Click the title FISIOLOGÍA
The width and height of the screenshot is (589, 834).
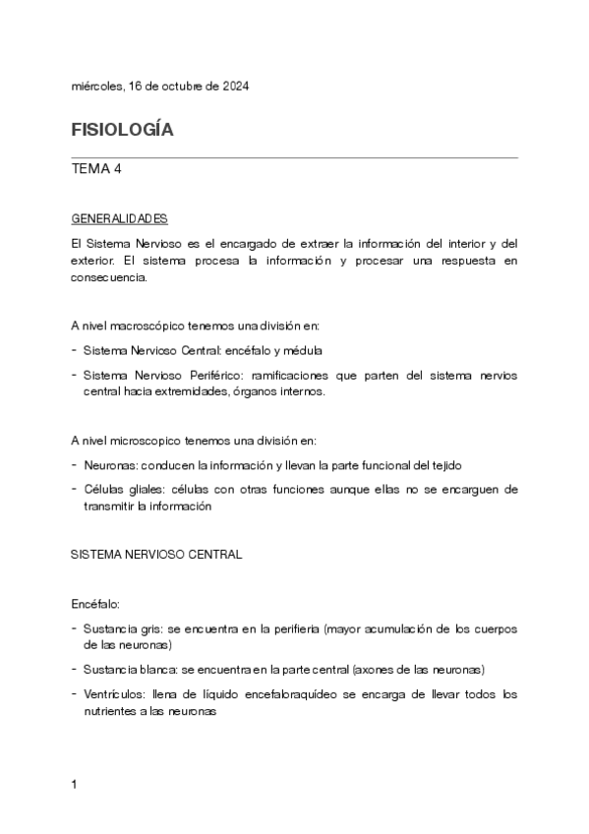pos(122,130)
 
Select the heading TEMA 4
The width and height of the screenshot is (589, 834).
pos(96,169)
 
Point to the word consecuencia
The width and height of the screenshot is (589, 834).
pos(110,277)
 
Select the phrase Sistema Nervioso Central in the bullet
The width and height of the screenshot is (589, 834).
pos(148,350)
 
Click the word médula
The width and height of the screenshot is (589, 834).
pos(303,350)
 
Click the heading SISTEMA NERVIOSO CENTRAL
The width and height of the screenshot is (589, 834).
pos(156,555)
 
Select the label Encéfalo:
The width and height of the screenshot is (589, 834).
pos(95,603)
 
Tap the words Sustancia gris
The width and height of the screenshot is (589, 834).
pos(124,628)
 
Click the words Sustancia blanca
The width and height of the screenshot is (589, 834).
pos(133,670)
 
